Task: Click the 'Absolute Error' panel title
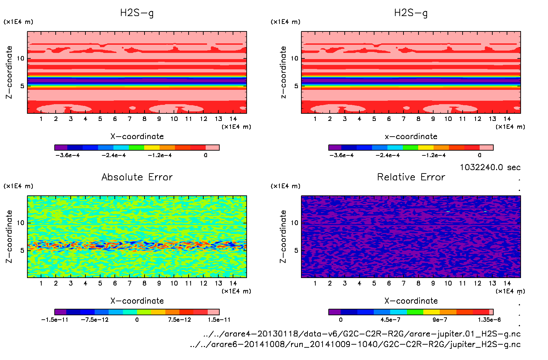[137, 177]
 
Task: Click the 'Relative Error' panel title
[411, 177]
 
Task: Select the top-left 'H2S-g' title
[137, 13]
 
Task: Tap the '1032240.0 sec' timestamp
[490, 167]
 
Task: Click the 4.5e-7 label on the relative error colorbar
[391, 320]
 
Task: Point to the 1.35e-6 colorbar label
[489, 320]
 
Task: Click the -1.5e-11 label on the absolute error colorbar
[55, 320]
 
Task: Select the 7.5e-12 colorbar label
[179, 320]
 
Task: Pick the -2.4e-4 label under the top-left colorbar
[114, 155]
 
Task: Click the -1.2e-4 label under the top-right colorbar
[434, 155]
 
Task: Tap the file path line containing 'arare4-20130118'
[362, 334]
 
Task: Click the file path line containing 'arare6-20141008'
[355, 344]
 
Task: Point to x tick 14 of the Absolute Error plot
[233, 283]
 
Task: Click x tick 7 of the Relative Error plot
[403, 283]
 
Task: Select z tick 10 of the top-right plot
[294, 58]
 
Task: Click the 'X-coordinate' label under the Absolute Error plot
[137, 301]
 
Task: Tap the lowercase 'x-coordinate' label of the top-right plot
[411, 137]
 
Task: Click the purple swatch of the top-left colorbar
[61, 148]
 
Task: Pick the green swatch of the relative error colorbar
[415, 312]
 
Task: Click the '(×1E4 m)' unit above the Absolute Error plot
[18, 186]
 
